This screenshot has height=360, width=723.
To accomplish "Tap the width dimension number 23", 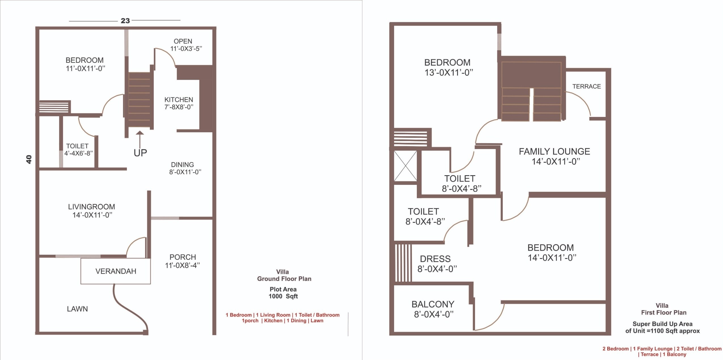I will pos(125,21).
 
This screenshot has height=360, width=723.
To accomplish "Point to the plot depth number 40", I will pos(29,159).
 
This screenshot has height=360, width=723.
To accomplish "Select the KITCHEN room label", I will pos(179,100).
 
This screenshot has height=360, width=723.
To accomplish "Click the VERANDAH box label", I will pos(116,271).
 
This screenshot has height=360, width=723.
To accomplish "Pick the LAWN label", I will pos(77,309).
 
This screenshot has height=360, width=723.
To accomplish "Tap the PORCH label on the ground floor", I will pos(183,257).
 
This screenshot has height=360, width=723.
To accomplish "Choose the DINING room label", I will pos(182,165).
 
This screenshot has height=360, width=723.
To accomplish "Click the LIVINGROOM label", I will pos(91,207).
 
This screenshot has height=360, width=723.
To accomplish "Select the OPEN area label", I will pos(183,41).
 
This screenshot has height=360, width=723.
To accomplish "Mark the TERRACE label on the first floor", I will pos(587,86).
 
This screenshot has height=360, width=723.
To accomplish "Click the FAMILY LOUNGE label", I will pos(554,152).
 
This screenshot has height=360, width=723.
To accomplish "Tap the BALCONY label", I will pos(433,304).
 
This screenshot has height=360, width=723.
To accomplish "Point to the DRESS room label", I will pos(435,259).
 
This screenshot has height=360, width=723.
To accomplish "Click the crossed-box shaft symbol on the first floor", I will pos(405,166).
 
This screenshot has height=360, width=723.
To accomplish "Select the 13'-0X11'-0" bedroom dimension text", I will pos(449,73).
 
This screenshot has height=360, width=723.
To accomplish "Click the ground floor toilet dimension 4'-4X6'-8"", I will pos(79,154).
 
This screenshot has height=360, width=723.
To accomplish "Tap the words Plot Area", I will pos(283,289).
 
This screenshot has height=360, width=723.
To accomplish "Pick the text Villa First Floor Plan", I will pos(663,309).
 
